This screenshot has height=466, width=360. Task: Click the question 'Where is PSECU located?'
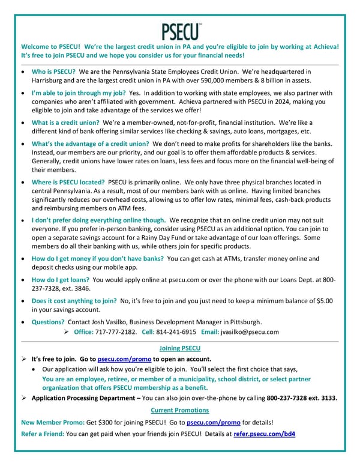point(68,182)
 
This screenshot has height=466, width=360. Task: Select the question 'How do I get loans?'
point(62,280)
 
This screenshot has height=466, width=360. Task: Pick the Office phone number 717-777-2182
point(116,332)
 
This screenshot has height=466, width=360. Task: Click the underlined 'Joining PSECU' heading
point(179,348)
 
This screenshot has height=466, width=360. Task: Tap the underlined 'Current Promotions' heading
point(179,410)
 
